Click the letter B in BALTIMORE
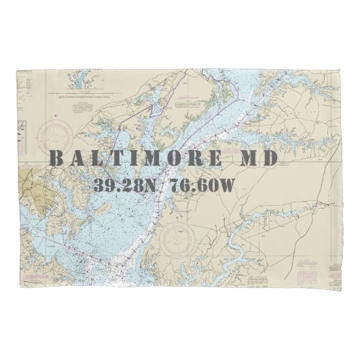tap(56, 159)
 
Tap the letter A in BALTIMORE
tap(77, 159)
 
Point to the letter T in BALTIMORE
tap(116, 159)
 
